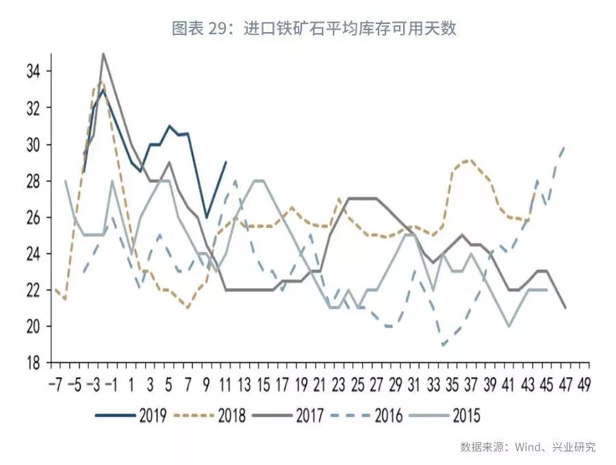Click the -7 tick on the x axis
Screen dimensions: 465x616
(x=55, y=381)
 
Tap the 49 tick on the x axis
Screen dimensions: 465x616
(x=583, y=381)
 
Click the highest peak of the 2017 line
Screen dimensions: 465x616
(x=103, y=53)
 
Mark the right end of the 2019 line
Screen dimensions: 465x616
(x=226, y=162)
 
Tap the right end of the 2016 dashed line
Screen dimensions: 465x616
(x=565, y=145)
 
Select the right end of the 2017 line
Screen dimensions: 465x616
(x=565, y=308)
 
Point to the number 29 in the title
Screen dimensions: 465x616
(x=220, y=28)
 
